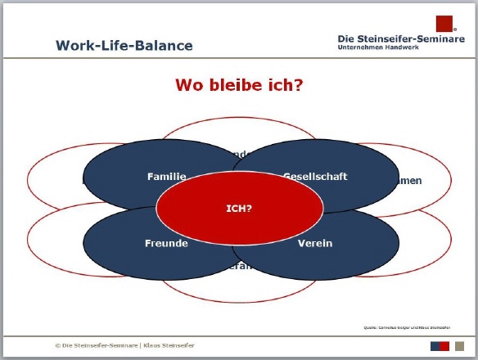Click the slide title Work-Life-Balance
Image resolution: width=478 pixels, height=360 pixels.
click(x=124, y=45)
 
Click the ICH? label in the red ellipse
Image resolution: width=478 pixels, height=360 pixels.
click(x=239, y=208)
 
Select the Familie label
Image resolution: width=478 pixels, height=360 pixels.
click(x=167, y=176)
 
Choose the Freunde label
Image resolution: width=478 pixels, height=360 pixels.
click(x=167, y=243)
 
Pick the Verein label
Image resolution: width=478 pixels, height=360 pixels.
click(x=314, y=243)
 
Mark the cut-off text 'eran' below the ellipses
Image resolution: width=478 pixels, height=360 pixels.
click(x=240, y=266)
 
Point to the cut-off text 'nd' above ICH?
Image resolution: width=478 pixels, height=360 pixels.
click(x=239, y=154)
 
